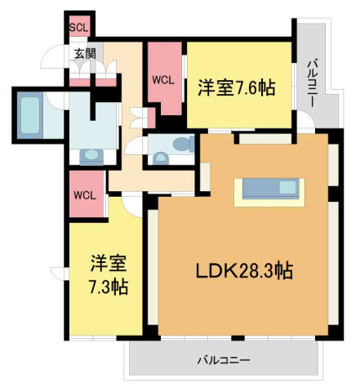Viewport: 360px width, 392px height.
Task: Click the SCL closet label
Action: click(78, 28)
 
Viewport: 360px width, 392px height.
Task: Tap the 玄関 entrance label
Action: click(84, 54)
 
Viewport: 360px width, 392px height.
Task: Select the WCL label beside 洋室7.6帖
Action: click(162, 80)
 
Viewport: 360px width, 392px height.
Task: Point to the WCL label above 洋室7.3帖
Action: click(85, 195)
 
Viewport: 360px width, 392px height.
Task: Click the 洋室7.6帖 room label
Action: click(235, 88)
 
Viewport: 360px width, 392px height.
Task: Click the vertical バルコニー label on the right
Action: click(313, 82)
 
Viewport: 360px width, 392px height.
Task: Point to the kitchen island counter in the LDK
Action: click(269, 189)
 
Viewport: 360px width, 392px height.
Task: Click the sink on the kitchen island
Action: click(287, 189)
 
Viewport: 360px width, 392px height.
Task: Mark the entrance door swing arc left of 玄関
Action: click(52, 61)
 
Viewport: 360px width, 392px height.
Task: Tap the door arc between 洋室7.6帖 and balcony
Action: click(303, 122)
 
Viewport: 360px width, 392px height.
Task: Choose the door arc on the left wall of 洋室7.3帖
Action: click(58, 273)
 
